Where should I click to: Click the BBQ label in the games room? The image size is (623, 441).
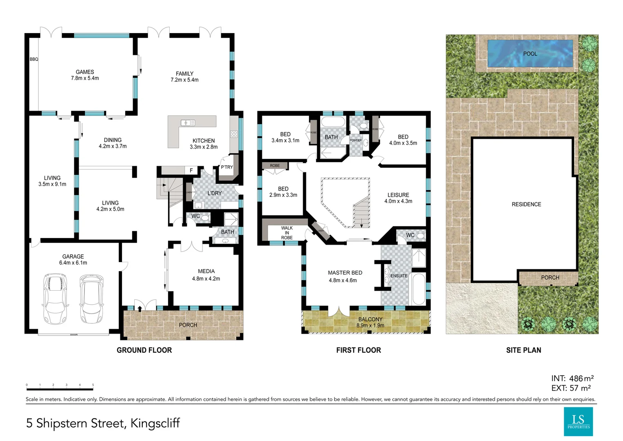34,59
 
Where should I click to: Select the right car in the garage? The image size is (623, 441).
91,299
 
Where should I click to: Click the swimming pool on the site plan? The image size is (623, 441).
530,53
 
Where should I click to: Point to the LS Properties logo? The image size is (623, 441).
578,421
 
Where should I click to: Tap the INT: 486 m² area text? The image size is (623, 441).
572,379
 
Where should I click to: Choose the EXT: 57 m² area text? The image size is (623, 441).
571,388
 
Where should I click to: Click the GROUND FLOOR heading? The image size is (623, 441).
144,350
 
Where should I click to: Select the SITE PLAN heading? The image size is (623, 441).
523,350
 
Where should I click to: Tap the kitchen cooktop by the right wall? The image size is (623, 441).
234,134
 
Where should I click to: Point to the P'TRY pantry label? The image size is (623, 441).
227,167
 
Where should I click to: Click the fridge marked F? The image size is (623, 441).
191,171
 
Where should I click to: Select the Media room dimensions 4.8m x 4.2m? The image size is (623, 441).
206,279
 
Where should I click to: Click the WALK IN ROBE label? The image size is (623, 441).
287,233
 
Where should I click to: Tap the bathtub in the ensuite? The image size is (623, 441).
418,289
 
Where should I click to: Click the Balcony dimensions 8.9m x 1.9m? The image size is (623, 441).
370,325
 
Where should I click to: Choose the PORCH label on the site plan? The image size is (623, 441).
550,278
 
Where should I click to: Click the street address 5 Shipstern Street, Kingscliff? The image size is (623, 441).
103,423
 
